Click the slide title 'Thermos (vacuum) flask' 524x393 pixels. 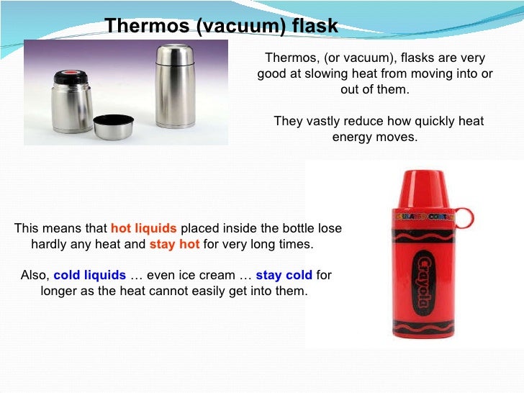pos(221,27)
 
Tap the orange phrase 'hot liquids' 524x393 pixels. pos(143,228)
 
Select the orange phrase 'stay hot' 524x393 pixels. pos(174,244)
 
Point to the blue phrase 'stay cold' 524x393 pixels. pos(284,276)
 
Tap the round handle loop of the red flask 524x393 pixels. pos(464,217)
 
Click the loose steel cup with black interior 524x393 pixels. pos(113,126)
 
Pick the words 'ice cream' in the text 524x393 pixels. pos(214,276)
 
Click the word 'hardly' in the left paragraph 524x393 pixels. pos(49,244)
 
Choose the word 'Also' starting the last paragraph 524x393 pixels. pos(34,276)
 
